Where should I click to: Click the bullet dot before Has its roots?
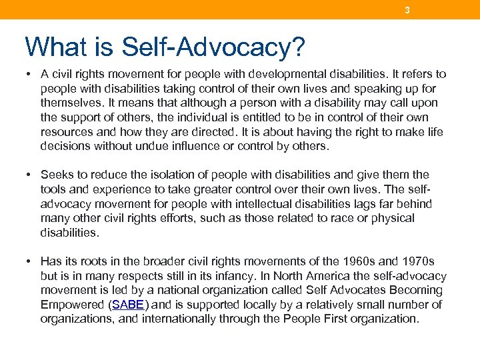30,261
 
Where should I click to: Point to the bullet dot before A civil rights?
30,74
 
